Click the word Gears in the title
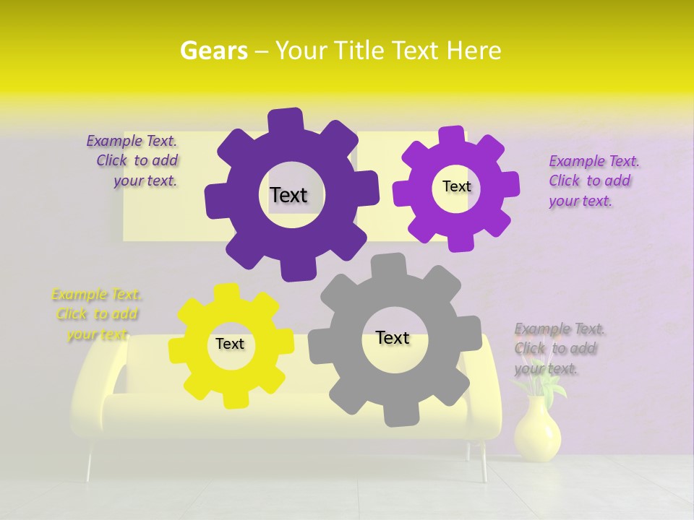(213, 51)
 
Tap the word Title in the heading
(359, 51)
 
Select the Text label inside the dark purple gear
(288, 195)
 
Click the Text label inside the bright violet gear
(456, 186)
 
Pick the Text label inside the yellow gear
(230, 344)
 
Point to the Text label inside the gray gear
(393, 337)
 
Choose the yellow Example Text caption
(97, 314)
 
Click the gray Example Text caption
(559, 349)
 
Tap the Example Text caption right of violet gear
(593, 181)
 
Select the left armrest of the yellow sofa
(98, 376)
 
